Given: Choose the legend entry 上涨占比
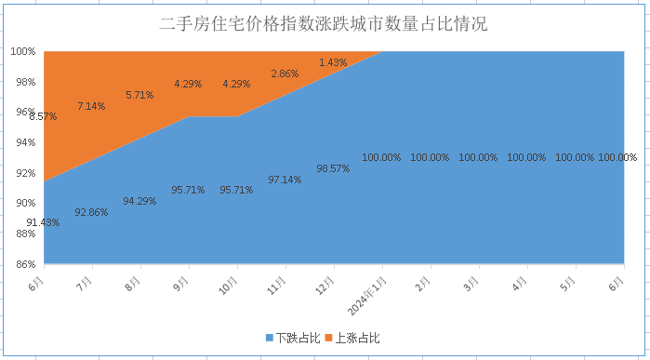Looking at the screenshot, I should [357, 338].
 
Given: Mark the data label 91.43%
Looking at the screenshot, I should [43, 222].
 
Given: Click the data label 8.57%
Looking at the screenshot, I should [43, 116].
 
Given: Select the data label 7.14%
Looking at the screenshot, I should [91, 106].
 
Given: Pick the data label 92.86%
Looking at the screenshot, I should [91, 212].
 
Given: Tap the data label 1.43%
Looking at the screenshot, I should [333, 62].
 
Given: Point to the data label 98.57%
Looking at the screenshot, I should [333, 168].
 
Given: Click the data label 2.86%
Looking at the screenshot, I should [285, 73].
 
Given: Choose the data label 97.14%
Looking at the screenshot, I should [285, 180].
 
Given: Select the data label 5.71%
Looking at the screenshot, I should [139, 95].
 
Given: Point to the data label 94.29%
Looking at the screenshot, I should [139, 201].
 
